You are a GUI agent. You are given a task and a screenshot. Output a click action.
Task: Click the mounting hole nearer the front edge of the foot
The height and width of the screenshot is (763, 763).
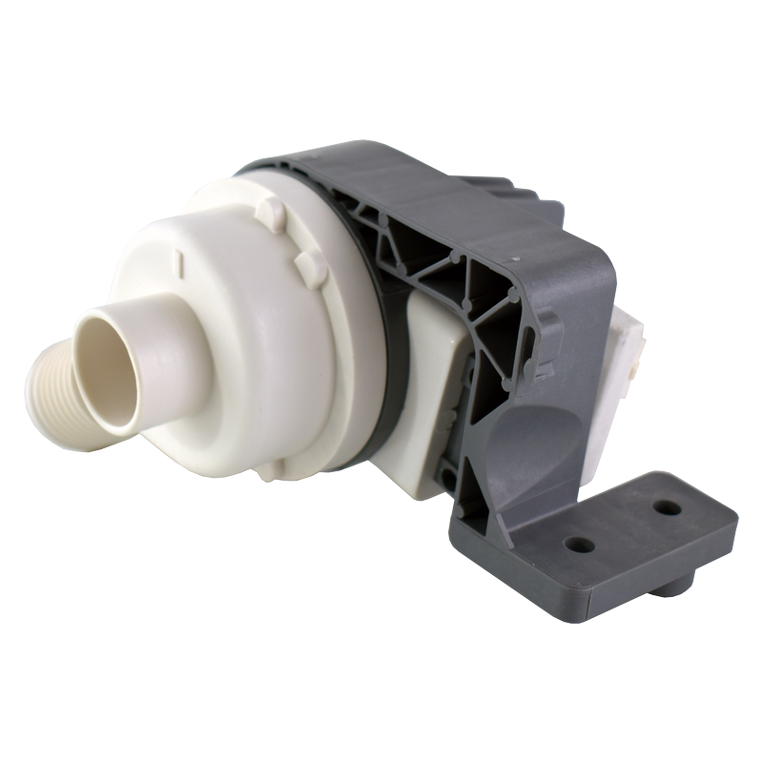[x=579, y=545]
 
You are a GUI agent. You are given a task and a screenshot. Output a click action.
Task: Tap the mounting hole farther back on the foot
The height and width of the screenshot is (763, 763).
[x=669, y=507]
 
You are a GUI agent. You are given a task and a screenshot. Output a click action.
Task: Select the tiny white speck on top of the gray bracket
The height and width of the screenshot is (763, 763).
[x=514, y=258]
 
